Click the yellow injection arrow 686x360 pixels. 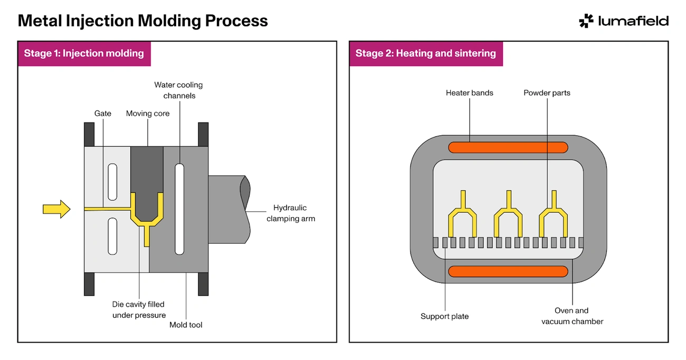tap(56, 209)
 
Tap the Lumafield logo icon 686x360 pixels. tap(586, 21)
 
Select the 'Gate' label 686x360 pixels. tap(102, 113)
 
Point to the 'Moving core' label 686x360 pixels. tap(148, 113)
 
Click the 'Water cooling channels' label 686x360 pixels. tap(178, 90)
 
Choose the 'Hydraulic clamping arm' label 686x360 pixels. tap(291, 213)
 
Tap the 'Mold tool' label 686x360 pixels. tap(186, 325)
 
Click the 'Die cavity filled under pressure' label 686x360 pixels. tap(139, 309)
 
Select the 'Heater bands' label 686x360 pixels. tap(470, 93)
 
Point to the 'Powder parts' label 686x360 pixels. tap(547, 93)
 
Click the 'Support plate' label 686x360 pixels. tap(444, 316)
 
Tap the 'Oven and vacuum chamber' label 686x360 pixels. tap(572, 316)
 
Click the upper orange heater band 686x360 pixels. tap(508, 147)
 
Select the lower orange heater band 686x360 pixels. tap(508, 271)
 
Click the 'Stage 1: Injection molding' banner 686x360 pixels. tap(84, 54)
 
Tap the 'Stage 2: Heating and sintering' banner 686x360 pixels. tap(426, 54)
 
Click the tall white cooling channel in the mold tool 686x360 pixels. tap(179, 209)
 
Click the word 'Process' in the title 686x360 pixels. tap(236, 21)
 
